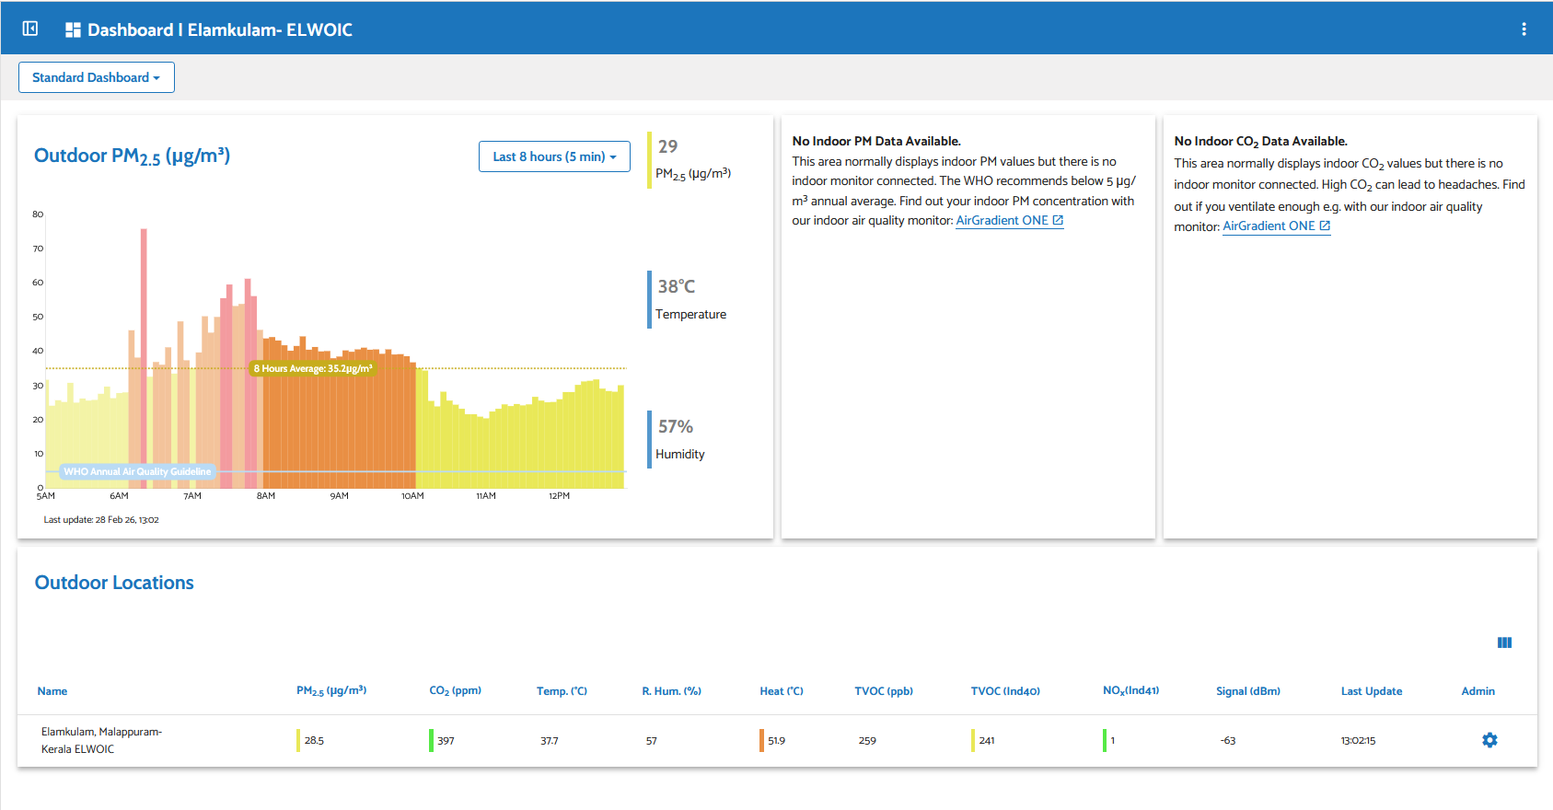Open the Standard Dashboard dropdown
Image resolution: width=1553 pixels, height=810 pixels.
click(x=96, y=77)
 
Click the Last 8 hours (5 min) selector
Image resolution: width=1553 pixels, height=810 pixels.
click(x=554, y=156)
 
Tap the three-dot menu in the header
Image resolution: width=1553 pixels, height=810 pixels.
click(x=1524, y=29)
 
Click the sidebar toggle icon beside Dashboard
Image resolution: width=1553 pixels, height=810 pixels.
click(x=30, y=29)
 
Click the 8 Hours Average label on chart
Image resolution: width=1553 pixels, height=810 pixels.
click(x=313, y=368)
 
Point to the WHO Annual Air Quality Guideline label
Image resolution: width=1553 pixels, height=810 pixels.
click(x=137, y=471)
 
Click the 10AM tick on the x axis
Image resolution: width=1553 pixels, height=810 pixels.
click(x=412, y=496)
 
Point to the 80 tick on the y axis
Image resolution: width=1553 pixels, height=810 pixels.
click(x=38, y=214)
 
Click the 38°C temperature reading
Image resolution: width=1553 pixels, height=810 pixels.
click(x=677, y=286)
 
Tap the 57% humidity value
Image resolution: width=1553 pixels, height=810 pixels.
click(x=676, y=426)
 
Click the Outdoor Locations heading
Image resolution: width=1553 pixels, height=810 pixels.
click(x=114, y=583)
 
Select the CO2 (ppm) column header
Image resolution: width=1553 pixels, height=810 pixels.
click(x=455, y=691)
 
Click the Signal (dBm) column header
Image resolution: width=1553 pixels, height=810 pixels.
click(x=1247, y=691)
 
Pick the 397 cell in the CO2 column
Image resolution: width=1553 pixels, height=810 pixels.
click(x=446, y=741)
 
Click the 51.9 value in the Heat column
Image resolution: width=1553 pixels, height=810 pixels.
click(x=776, y=741)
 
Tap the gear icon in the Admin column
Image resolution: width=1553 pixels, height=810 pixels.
click(x=1489, y=740)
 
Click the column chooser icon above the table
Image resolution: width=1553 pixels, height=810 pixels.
click(x=1504, y=642)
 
